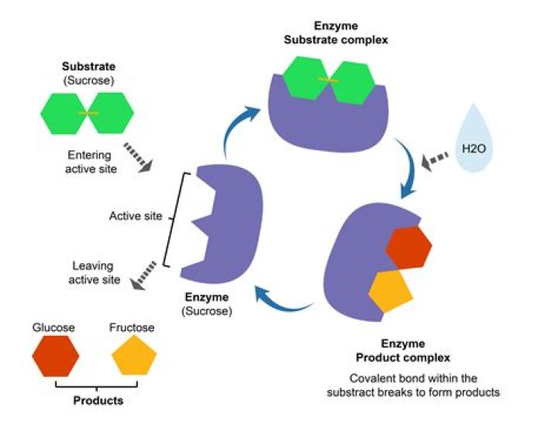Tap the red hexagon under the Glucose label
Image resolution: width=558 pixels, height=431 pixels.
coord(56,357)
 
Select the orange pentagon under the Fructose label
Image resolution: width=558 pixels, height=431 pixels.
coord(134,357)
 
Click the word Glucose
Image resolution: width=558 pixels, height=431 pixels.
coord(53,328)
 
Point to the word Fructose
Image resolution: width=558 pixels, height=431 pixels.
coord(133,328)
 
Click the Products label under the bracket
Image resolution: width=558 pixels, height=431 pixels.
coord(98,401)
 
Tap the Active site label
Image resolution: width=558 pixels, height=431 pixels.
coord(136,217)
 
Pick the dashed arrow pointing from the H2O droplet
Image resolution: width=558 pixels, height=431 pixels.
coord(435,160)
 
